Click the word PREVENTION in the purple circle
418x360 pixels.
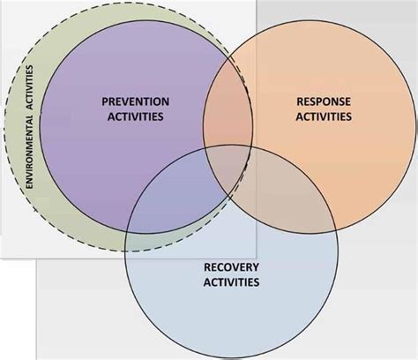(x=136, y=101)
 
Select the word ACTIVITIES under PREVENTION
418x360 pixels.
(x=136, y=116)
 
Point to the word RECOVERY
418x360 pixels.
(x=231, y=267)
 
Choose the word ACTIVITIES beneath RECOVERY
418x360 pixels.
(x=231, y=282)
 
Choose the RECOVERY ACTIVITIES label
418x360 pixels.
(x=231, y=274)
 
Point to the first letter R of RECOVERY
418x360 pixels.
(x=206, y=267)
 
